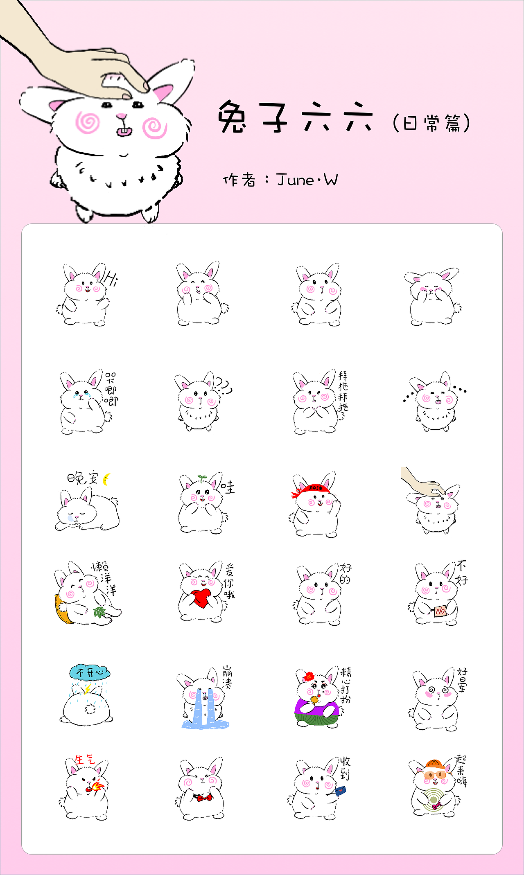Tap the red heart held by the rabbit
pyautogui.click(x=201, y=598)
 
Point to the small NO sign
pyautogui.click(x=440, y=611)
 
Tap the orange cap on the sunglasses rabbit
pyautogui.click(x=435, y=764)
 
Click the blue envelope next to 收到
pyautogui.click(x=341, y=791)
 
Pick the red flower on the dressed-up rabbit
pyautogui.click(x=309, y=676)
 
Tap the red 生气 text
pyautogui.click(x=85, y=760)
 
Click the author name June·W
pyautogui.click(x=307, y=180)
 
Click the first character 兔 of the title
pyautogui.click(x=232, y=117)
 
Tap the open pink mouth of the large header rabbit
pyautogui.click(x=124, y=132)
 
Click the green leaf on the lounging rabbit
pyautogui.click(x=99, y=612)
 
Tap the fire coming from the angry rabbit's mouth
pyautogui.click(x=97, y=786)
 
